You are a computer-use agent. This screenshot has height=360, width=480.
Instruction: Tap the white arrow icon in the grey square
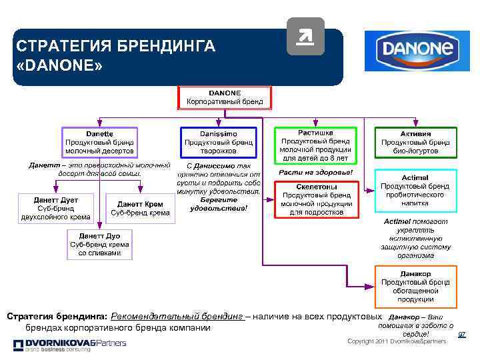pos(305,37)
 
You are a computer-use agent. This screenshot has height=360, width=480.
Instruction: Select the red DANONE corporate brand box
pos(225,97)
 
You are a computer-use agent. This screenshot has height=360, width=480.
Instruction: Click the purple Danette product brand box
pos(99,142)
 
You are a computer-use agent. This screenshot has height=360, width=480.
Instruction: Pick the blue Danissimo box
pos(218,142)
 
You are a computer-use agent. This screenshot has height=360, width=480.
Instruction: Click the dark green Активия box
pos(416,142)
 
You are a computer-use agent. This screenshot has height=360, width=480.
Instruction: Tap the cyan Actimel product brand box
pos(416,189)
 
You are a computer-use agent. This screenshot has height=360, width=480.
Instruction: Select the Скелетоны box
pos(315,199)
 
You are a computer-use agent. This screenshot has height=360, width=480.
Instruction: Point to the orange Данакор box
pos(416,286)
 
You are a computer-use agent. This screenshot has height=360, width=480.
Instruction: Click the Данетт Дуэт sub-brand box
pos(55,208)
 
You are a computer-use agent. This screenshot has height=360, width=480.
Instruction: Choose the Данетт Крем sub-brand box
pos(140,208)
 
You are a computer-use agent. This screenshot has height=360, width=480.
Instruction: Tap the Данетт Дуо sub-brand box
pos(99,244)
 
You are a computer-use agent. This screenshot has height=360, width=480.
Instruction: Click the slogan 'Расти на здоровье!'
pos(315,173)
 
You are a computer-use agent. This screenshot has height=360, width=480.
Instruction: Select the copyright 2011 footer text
pos(397,341)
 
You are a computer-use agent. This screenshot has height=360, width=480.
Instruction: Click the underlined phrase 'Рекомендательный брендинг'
pos(178,315)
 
